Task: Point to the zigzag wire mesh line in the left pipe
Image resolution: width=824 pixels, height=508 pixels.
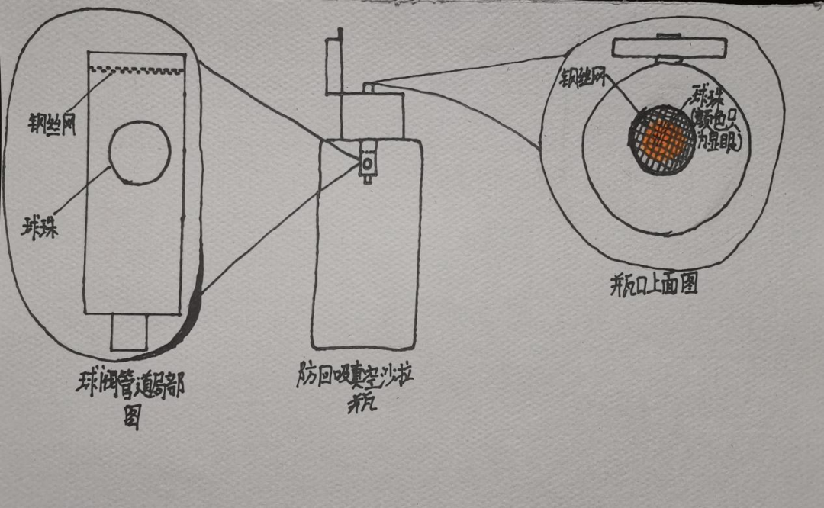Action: (x=137, y=72)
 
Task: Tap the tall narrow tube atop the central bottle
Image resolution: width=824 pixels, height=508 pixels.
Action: (x=333, y=65)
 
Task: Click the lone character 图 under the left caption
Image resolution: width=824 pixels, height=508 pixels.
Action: (x=132, y=418)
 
